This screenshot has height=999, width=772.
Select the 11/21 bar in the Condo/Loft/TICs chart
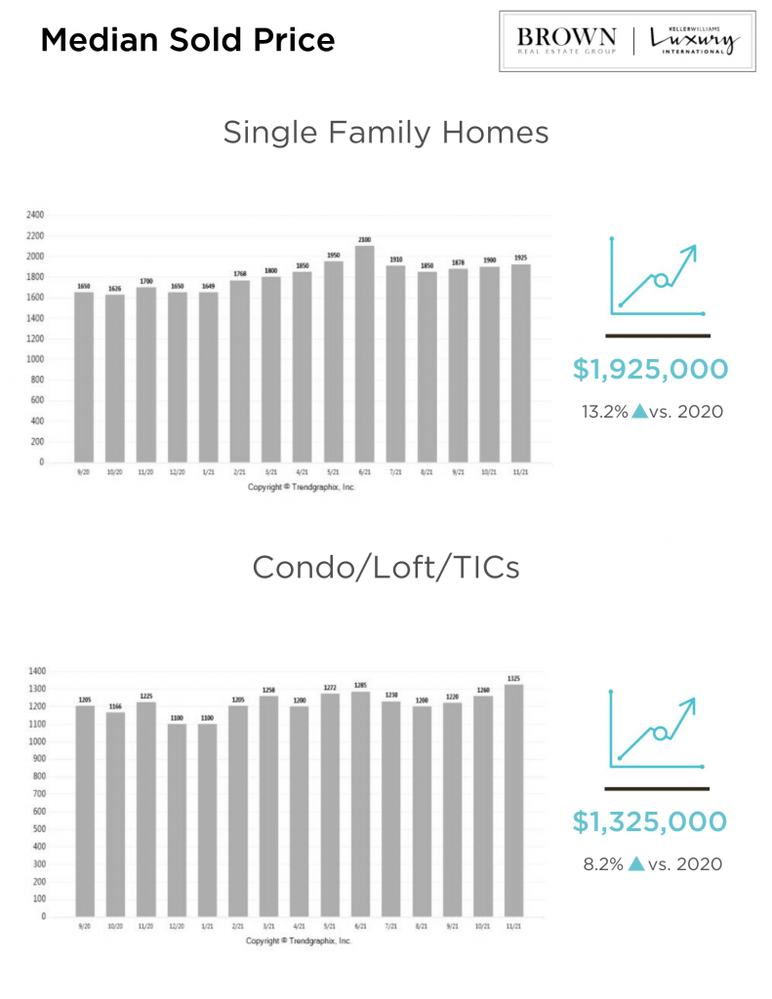click(513, 800)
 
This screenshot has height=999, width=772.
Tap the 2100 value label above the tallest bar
click(363, 239)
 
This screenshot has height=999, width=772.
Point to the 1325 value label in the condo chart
click(513, 678)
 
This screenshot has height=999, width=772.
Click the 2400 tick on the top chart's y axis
click(36, 215)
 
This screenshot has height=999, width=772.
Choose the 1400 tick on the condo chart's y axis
click(37, 671)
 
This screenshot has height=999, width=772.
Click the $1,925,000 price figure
click(650, 370)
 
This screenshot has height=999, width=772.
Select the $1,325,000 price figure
click(650, 822)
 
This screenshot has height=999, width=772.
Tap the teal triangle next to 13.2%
click(639, 411)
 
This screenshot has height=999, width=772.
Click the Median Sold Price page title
click(187, 40)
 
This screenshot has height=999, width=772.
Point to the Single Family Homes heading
click(386, 132)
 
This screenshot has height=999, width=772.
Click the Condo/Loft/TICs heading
click(386, 567)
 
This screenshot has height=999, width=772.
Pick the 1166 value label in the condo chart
click(115, 705)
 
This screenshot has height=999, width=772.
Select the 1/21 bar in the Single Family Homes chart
click(208, 377)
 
